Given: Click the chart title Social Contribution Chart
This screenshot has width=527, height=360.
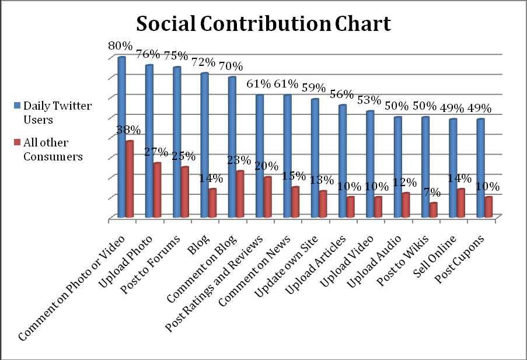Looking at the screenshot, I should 263,24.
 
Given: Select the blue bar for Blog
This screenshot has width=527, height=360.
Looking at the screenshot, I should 204,146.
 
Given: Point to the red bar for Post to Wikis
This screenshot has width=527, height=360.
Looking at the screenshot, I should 432,210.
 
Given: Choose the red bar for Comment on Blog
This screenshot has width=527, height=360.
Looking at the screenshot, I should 240,194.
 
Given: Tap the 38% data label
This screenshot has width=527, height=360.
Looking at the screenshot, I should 128,130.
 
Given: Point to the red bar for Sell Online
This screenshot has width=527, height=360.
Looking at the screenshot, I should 460,204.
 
